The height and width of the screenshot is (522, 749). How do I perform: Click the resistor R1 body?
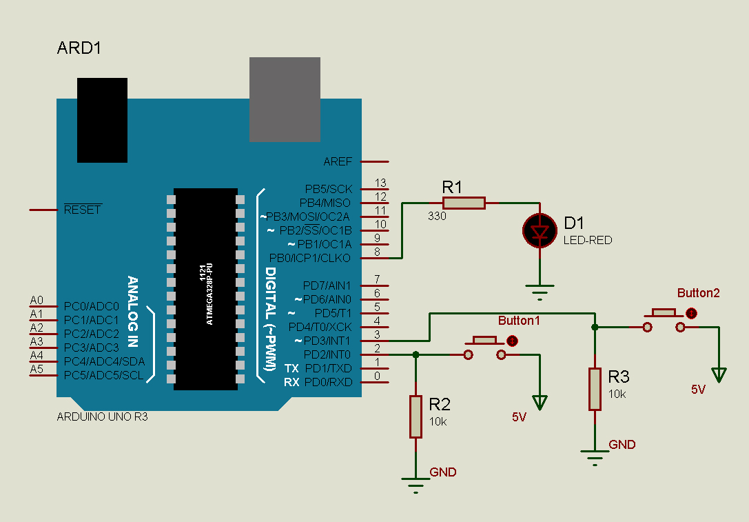point(464,203)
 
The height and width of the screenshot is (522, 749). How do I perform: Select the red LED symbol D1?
point(540,231)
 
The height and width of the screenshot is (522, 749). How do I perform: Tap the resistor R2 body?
point(415,416)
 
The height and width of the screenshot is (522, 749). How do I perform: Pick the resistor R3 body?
point(595,389)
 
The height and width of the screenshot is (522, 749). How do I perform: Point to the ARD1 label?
point(80,49)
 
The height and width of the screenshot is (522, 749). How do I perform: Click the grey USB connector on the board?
point(285,99)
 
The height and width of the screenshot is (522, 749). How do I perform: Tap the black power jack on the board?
point(102,120)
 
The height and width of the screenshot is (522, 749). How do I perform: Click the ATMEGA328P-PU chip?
point(205,289)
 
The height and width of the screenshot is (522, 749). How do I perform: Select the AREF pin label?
point(338,161)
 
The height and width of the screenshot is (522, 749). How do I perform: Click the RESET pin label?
point(82,210)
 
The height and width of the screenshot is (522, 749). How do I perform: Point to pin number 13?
point(380,183)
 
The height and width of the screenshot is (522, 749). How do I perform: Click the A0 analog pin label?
point(37,301)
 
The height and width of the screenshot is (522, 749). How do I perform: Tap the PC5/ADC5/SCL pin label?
point(104,375)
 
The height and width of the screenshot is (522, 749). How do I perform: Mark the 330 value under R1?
point(437,217)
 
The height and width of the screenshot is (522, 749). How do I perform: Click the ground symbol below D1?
point(540,291)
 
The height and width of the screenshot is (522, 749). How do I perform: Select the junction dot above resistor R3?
point(595,327)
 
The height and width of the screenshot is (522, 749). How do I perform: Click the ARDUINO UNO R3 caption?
point(102,417)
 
